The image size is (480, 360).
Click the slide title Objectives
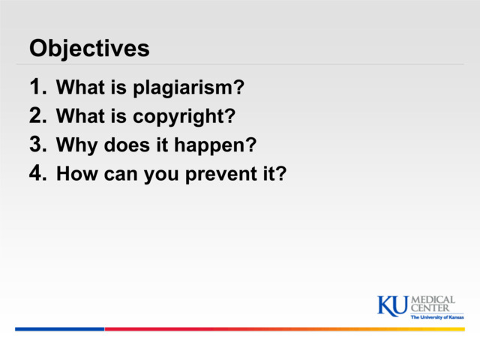[89, 49]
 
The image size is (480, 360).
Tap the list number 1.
[38, 88]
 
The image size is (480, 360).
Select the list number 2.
[38, 116]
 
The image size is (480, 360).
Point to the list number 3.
[38, 145]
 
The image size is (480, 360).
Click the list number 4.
[38, 173]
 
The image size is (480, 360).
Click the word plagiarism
[188, 89]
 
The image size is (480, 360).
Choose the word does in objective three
[121, 145]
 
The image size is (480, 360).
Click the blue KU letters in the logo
[392, 305]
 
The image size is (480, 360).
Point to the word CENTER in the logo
[431, 308]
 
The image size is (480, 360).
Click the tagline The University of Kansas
[436, 317]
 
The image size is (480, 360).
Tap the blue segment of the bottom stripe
[59, 328]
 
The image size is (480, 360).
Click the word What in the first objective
[80, 88]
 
